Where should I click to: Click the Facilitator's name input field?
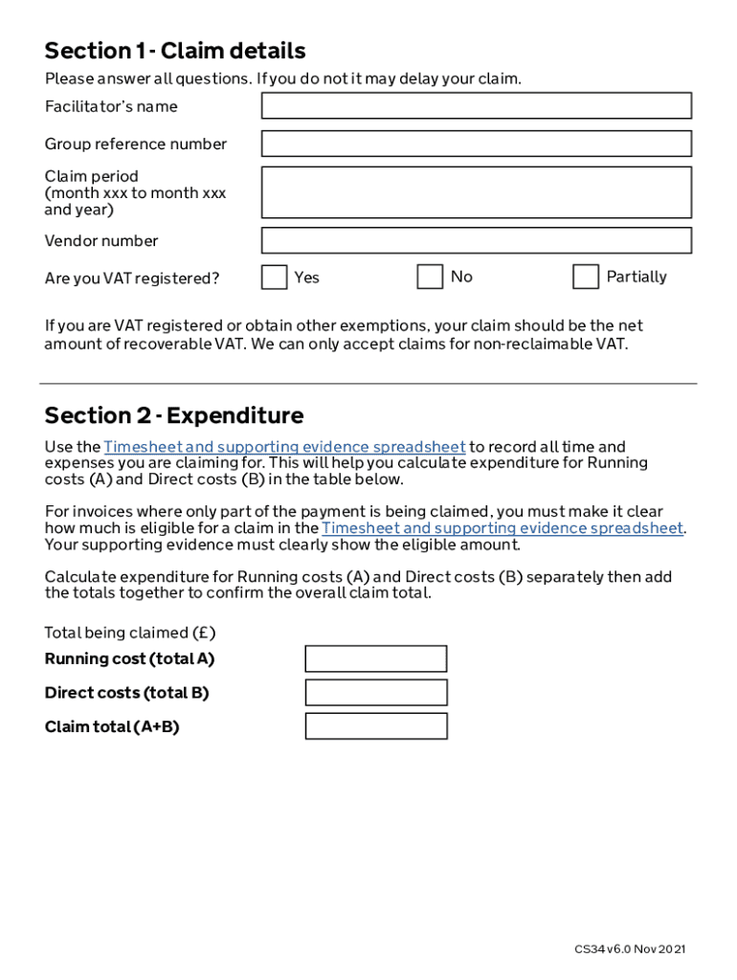click(x=476, y=105)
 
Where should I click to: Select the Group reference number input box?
click(x=476, y=144)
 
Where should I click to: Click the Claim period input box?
click(x=476, y=192)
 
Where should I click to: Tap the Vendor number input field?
click(x=476, y=240)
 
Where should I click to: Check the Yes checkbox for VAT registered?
click(x=275, y=278)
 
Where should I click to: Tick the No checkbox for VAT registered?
click(x=430, y=277)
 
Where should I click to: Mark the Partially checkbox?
click(x=586, y=277)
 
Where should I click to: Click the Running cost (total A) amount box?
click(x=376, y=658)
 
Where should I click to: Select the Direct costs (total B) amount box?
click(x=376, y=692)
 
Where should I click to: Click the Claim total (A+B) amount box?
click(x=376, y=726)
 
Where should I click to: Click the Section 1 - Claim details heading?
click(x=175, y=51)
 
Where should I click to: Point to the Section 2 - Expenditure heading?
click(x=174, y=415)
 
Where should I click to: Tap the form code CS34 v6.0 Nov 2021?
click(x=630, y=949)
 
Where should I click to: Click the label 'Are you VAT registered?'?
click(x=132, y=278)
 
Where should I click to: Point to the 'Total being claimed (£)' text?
click(x=130, y=633)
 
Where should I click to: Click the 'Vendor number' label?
click(x=101, y=240)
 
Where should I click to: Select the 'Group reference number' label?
click(x=136, y=144)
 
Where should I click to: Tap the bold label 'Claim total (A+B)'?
click(x=112, y=726)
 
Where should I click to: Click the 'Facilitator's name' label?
click(x=111, y=106)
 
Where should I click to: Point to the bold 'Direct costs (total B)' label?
click(x=126, y=692)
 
